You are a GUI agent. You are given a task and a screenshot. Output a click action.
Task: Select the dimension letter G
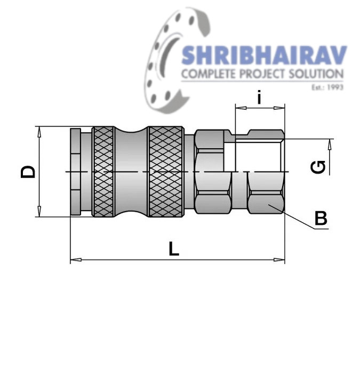tap(318, 167)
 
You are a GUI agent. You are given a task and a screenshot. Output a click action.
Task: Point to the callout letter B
tap(320, 218)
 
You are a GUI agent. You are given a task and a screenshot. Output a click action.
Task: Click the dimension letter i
tap(259, 98)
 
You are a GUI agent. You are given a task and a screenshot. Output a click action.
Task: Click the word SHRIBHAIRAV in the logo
tap(264, 56)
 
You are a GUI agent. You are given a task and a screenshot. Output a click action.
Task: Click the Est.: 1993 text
tap(327, 86)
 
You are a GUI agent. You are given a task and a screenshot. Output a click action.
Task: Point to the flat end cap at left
tap(76, 172)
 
